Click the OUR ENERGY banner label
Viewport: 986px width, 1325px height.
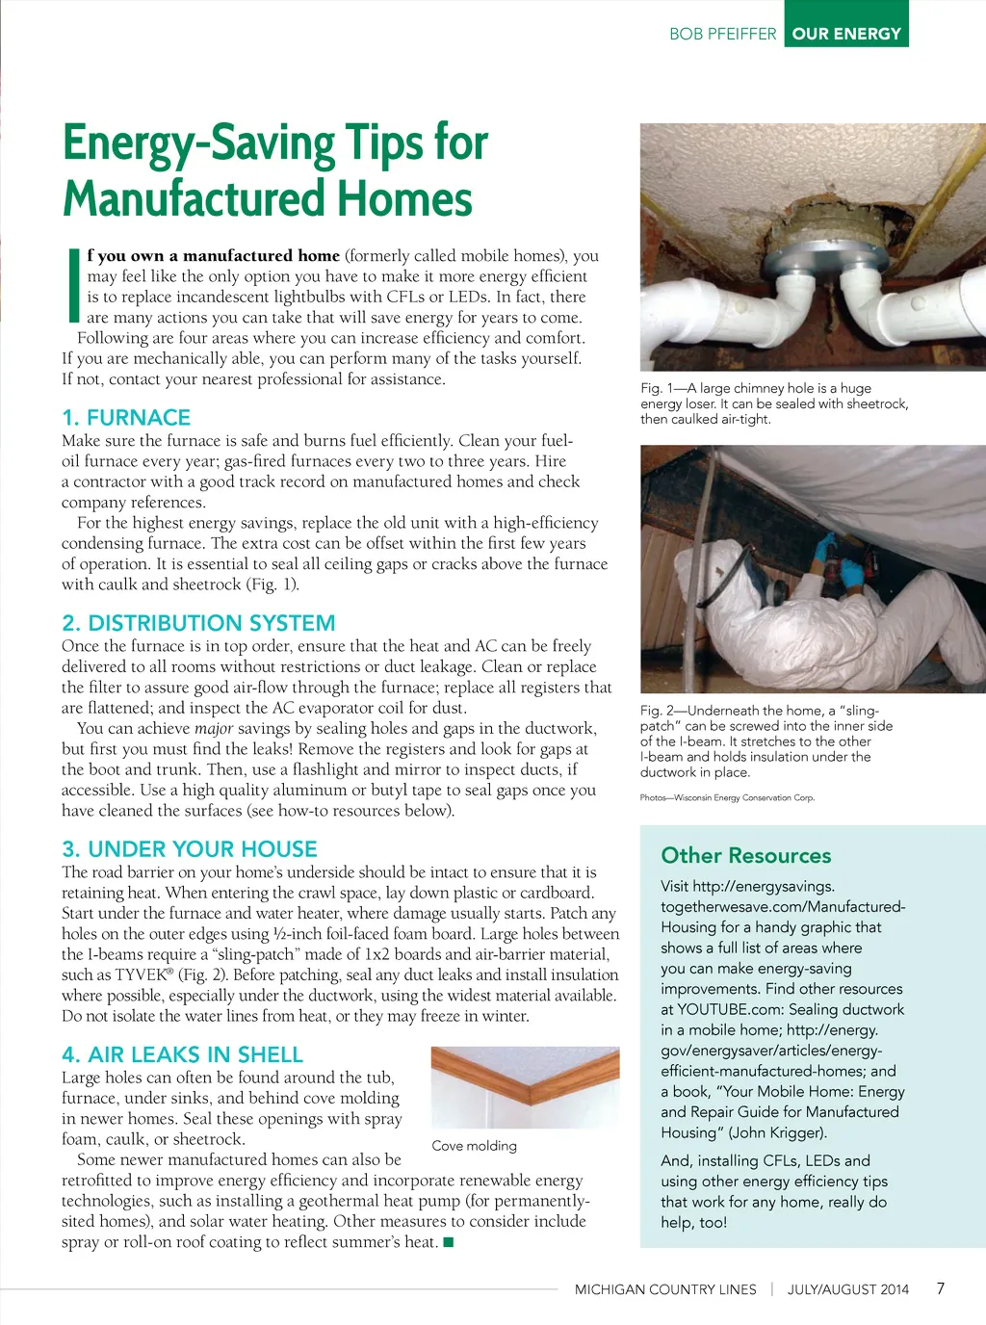coord(846,34)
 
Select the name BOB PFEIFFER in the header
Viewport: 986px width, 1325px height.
coord(722,34)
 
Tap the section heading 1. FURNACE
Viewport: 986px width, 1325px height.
coord(126,418)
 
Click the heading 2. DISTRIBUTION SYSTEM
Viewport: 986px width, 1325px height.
coord(198,623)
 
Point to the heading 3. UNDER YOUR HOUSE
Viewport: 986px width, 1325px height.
coord(190,849)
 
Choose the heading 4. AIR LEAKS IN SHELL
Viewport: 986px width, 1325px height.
coord(182,1054)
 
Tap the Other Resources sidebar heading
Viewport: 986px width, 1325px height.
coord(745,856)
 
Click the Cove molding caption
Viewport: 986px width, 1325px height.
coord(474,1146)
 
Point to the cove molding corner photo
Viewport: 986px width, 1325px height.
coord(525,1087)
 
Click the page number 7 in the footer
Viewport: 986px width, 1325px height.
coord(941,1288)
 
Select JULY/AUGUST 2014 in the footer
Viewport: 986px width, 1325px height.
coord(847,1289)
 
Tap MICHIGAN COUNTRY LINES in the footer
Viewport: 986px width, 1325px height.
coord(665,1289)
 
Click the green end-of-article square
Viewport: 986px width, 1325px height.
coord(448,1242)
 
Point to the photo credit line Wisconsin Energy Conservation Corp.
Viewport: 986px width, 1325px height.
coord(727,797)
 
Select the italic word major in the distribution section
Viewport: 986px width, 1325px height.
coord(214,729)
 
